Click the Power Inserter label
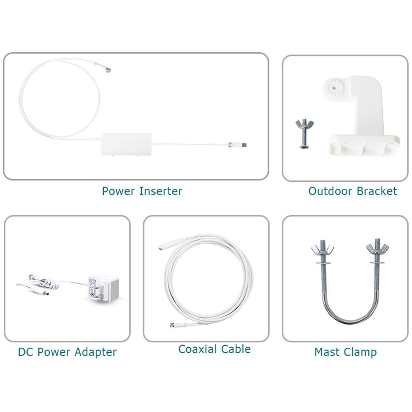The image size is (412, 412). point(142,191)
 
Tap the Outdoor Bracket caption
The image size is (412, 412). point(353,191)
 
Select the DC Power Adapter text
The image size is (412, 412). point(67,352)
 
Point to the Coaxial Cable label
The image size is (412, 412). point(214,349)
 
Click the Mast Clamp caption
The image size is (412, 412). point(345,352)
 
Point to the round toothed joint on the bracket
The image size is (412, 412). point(335,87)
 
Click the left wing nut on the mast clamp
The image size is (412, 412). point(322,249)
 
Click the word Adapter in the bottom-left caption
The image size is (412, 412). point(96,352)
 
